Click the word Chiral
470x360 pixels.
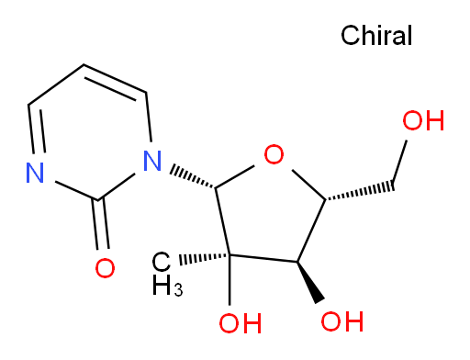376,36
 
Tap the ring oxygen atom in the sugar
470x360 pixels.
274,154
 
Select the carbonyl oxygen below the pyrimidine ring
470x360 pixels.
105,268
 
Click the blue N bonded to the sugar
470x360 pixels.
152,161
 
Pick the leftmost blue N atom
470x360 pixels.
35,173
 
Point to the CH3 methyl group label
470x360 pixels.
167,274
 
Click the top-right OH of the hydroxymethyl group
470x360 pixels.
423,120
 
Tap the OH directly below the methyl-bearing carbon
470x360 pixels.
241,323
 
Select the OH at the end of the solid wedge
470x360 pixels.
342,321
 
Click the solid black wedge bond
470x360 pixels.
310,282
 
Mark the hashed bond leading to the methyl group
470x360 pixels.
205,258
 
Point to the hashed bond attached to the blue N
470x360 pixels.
193,177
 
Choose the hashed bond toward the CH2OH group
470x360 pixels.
360,192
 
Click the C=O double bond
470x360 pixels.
101,224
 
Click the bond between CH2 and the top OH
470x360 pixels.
399,164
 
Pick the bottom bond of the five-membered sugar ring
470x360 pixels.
263,258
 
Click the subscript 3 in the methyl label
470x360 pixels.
178,289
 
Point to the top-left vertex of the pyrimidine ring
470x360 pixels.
28,105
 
